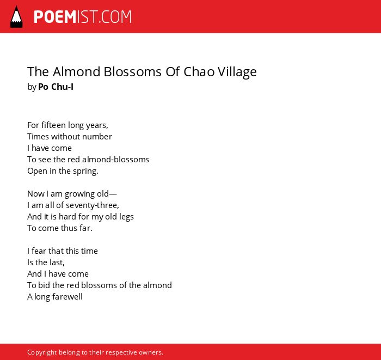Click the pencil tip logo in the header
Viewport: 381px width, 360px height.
tap(16, 16)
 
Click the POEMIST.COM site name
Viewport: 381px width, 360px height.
tap(83, 17)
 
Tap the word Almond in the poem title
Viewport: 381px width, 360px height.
tap(77, 72)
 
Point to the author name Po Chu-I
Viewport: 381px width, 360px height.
tap(56, 87)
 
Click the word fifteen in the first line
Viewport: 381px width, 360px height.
tap(53, 125)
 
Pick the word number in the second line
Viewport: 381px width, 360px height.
tap(97, 137)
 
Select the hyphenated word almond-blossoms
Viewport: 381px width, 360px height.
tap(115, 160)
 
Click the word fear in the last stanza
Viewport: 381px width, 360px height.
tap(39, 251)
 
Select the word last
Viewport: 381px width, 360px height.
tap(57, 263)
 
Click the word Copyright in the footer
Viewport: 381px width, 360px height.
tap(42, 353)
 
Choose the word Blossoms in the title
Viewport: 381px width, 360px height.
tap(133, 72)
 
